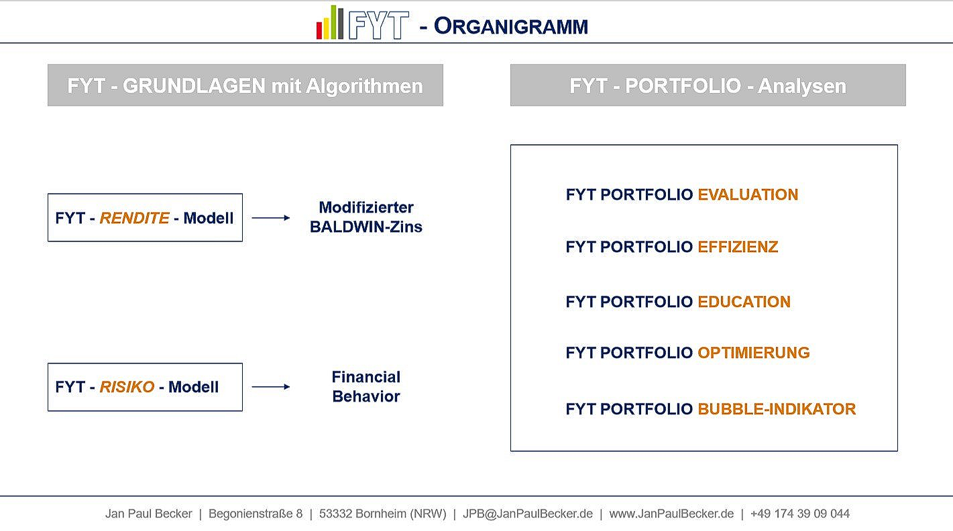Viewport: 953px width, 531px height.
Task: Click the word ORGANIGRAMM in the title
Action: [510, 26]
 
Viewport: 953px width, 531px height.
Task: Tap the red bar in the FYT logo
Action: [319, 30]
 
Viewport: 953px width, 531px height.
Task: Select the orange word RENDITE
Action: [134, 219]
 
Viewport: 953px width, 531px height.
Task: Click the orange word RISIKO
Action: [127, 388]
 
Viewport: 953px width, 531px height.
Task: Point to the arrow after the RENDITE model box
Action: [270, 218]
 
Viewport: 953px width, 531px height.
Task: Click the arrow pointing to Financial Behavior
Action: [270, 387]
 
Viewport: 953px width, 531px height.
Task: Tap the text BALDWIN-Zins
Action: [366, 227]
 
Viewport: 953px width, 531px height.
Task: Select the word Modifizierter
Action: [366, 208]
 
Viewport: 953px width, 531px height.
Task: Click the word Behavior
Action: [366, 396]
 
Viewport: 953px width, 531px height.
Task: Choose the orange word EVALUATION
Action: [748, 195]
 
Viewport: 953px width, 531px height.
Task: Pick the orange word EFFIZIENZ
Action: [738, 247]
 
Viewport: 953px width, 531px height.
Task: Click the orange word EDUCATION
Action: [744, 302]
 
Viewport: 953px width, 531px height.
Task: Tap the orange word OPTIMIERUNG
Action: [753, 353]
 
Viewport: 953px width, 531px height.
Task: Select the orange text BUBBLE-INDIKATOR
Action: [777, 409]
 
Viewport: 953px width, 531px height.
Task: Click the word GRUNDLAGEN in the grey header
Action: [194, 86]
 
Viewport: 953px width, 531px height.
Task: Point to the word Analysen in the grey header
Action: [802, 86]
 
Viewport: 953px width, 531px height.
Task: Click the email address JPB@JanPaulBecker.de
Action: [528, 514]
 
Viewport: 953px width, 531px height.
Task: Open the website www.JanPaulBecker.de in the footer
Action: [671, 514]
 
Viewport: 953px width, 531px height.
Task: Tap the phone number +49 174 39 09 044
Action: [800, 514]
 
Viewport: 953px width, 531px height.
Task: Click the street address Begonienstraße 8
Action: [256, 514]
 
